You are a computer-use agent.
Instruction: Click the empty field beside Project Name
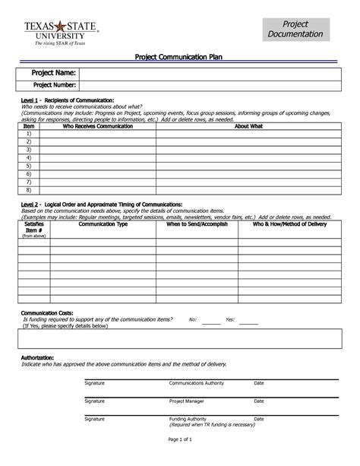tap(212, 72)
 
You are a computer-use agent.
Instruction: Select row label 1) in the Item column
tap(29, 133)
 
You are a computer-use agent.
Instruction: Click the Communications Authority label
tap(194, 383)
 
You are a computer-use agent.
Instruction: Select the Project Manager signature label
tap(186, 401)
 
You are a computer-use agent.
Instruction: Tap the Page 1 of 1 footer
tap(179, 442)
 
